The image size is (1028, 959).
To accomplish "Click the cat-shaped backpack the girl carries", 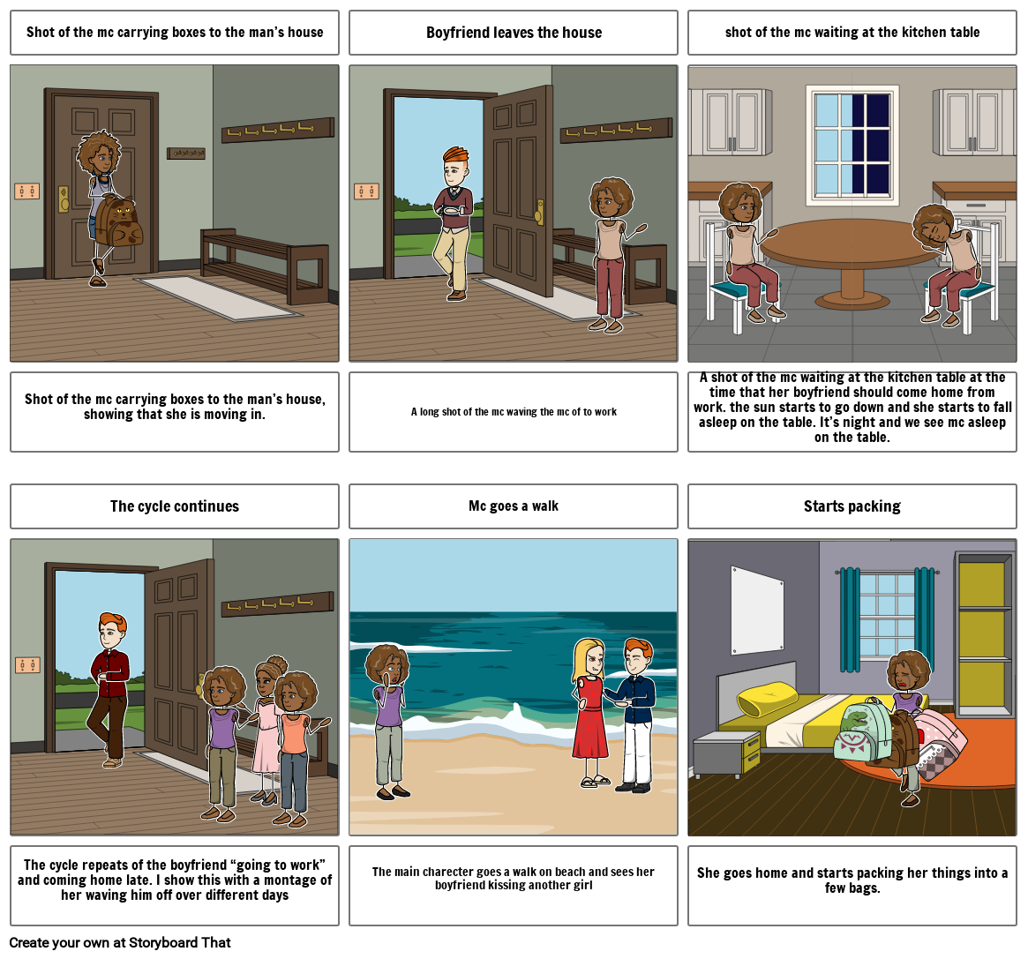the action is [119, 221].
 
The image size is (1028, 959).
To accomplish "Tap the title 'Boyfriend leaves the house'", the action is [514, 33].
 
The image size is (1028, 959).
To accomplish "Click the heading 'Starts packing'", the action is [852, 506].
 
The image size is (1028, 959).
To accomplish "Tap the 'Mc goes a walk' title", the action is [514, 506].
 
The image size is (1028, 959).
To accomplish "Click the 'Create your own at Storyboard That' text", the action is [120, 942].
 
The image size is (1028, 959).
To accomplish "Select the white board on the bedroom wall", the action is [757, 611].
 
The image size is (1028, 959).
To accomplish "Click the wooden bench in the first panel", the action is [265, 265].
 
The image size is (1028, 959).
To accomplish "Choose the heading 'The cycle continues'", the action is [175, 506].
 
